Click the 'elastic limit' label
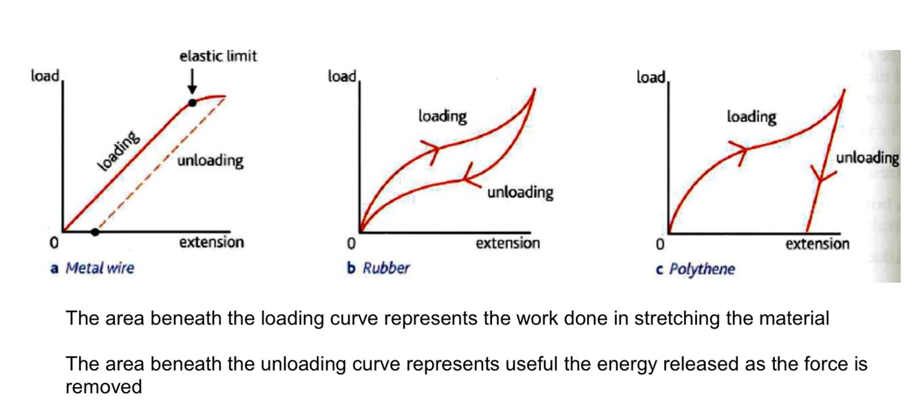click(x=218, y=56)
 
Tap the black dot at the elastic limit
click(x=193, y=103)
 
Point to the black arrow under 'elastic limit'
click(x=193, y=81)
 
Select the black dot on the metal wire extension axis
click(x=95, y=232)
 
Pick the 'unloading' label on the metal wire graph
click(x=210, y=161)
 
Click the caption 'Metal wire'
click(x=99, y=268)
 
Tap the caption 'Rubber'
click(x=385, y=268)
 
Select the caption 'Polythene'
click(x=701, y=269)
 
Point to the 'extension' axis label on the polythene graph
click(x=818, y=244)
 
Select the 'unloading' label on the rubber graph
click(x=520, y=192)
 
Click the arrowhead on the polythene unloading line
click(x=821, y=176)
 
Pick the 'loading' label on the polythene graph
click(x=751, y=117)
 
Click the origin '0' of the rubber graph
click(x=351, y=244)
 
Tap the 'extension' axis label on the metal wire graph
click(x=211, y=242)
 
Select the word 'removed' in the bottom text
click(x=103, y=387)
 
